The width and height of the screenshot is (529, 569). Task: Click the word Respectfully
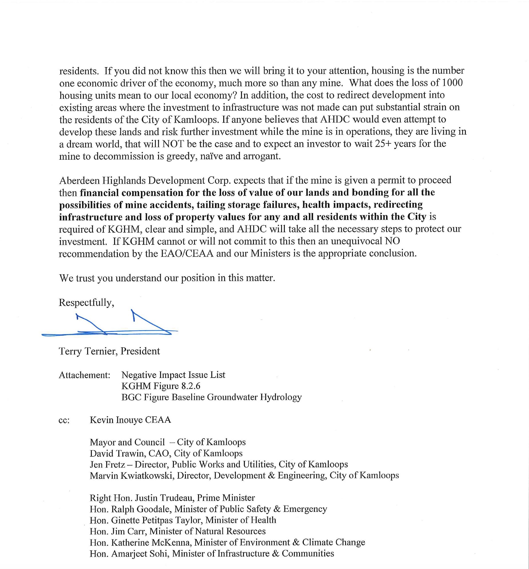click(86, 302)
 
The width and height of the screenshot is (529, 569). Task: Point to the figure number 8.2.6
click(191, 386)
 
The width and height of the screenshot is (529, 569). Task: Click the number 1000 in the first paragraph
click(452, 83)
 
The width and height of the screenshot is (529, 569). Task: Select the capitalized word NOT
click(173, 144)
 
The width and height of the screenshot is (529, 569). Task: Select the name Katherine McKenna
click(151, 542)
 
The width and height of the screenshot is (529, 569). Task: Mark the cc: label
click(64, 420)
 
